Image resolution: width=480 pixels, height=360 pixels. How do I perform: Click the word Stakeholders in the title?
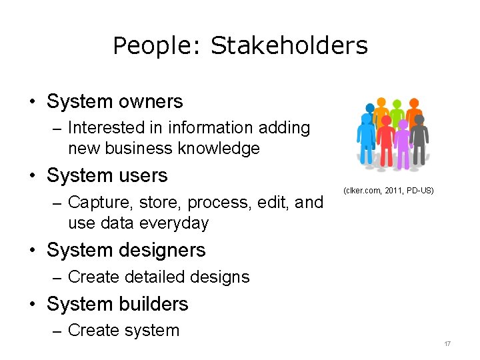[x=289, y=46]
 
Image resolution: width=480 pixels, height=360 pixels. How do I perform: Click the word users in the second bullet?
[x=143, y=175]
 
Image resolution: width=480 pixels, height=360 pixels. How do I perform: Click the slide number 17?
[x=447, y=344]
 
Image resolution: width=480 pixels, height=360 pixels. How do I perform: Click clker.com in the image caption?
[x=363, y=191]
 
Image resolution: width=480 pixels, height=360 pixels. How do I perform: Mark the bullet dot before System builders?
[x=32, y=305]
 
